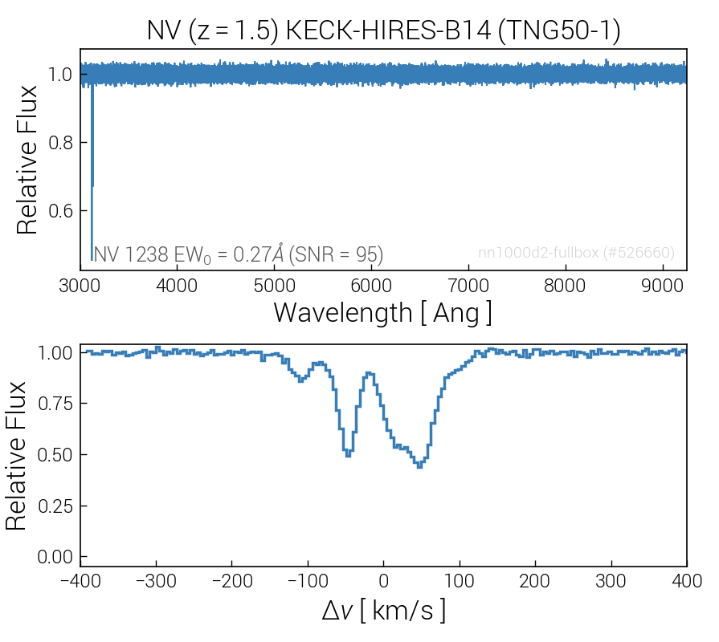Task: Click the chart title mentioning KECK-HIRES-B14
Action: click(x=383, y=30)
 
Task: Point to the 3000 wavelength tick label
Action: click(x=80, y=286)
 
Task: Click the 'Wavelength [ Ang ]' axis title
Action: click(x=382, y=312)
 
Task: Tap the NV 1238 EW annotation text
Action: click(x=238, y=254)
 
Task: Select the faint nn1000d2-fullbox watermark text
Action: click(x=576, y=253)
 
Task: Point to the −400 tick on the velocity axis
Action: click(x=80, y=581)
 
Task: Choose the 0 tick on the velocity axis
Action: click(x=383, y=581)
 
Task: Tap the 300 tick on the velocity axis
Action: click(x=611, y=581)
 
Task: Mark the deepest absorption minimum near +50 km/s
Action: click(x=420, y=465)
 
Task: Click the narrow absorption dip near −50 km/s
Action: click(x=348, y=454)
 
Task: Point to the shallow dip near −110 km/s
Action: click(x=300, y=380)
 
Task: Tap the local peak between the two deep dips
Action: click(x=369, y=373)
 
